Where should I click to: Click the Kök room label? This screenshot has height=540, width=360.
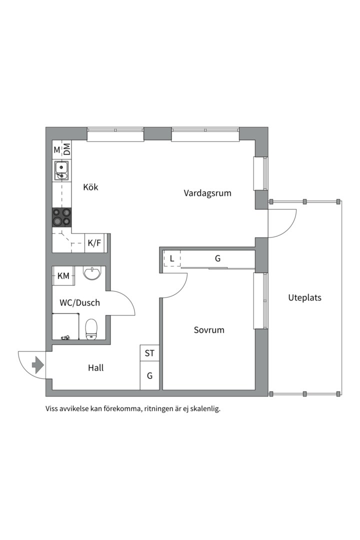(x=90, y=187)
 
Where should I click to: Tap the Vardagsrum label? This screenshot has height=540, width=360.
(x=207, y=193)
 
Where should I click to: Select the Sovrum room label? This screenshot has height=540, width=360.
(x=209, y=330)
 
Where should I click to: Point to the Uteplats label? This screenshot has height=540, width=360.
(x=304, y=298)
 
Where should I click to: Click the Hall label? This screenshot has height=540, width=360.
(x=95, y=368)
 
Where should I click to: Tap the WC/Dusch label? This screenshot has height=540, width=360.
(x=79, y=303)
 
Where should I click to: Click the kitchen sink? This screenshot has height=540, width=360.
(x=62, y=170)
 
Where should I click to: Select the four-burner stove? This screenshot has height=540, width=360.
(x=62, y=217)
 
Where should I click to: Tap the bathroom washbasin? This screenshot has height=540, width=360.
(x=92, y=273)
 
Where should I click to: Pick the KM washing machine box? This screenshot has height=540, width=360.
(x=63, y=276)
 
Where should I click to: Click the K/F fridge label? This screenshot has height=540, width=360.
(x=94, y=243)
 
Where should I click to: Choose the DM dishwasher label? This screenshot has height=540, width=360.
(x=67, y=149)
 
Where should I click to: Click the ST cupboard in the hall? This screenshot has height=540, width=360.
(x=149, y=353)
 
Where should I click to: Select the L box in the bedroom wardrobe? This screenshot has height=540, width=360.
(x=172, y=259)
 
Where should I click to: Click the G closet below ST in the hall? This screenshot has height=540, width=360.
(x=149, y=376)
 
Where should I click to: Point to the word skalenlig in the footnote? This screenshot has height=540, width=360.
(x=203, y=408)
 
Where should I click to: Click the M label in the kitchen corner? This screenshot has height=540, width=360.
(x=57, y=149)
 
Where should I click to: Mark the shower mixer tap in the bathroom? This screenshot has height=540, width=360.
(x=64, y=338)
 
